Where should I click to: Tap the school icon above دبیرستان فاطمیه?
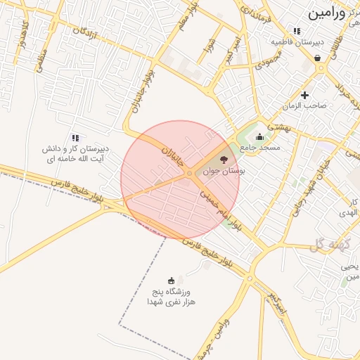click(x=297, y=31)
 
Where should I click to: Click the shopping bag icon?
click(x=318, y=58)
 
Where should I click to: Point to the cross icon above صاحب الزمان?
click(x=304, y=95)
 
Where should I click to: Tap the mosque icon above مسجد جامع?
click(x=260, y=137)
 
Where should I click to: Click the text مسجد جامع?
click(x=260, y=148)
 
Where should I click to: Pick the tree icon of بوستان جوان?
click(x=224, y=160)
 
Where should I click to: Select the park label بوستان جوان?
click(x=224, y=171)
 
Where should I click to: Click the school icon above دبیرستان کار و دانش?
click(x=75, y=138)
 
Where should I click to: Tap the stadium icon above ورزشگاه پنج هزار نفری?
click(x=171, y=280)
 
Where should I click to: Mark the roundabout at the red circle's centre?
click(x=190, y=173)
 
